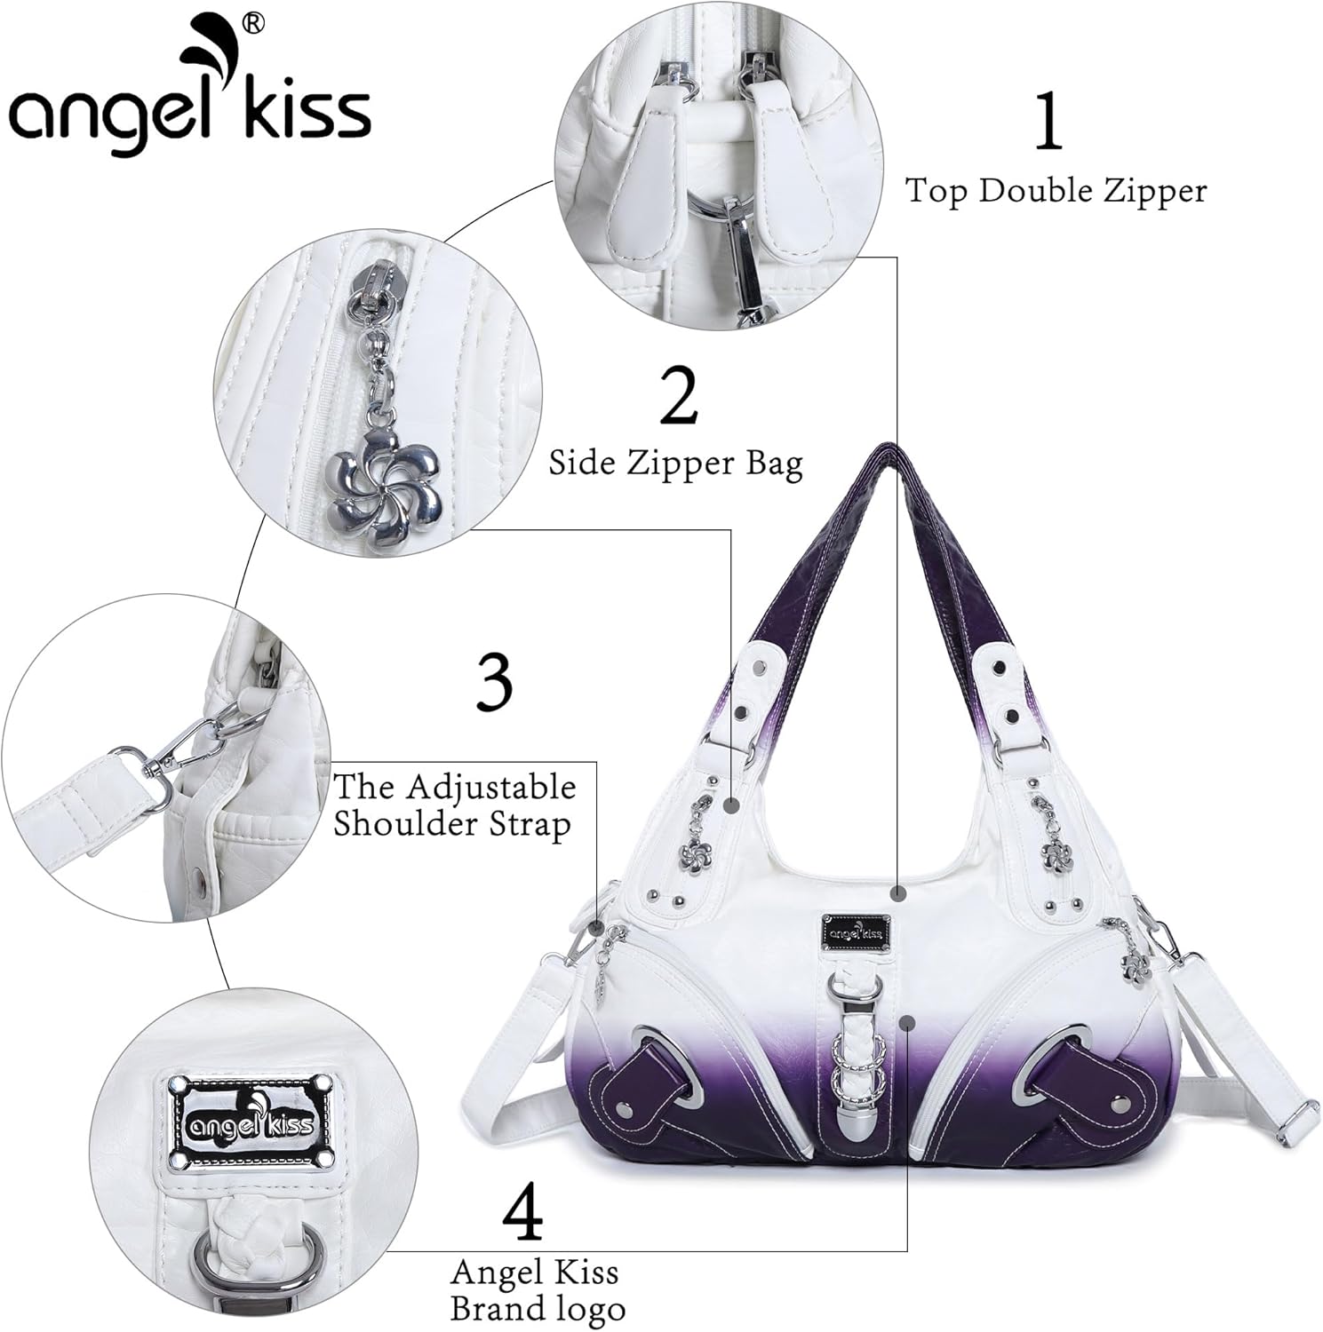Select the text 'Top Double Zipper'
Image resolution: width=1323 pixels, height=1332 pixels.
pos(1056,190)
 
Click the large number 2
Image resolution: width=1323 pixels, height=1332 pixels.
pos(679,400)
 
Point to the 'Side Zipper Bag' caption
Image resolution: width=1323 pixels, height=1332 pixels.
pos(675,464)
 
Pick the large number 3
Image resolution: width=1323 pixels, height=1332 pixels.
pos(494,684)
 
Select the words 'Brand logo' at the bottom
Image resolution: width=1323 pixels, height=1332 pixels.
pos(537,1309)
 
